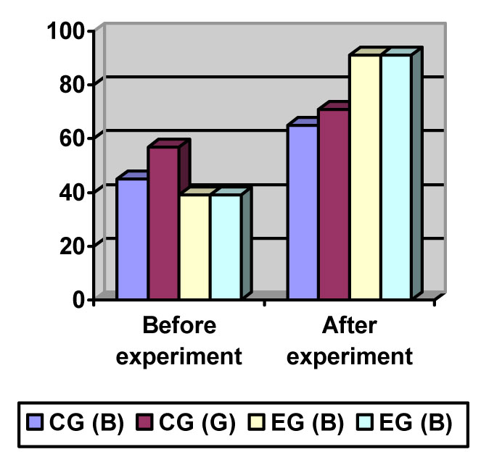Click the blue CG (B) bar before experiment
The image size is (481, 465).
tap(132, 238)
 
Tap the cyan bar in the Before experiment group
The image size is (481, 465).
tap(226, 246)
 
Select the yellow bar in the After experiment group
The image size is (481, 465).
tap(365, 177)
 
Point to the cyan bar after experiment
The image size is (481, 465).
tap(396, 177)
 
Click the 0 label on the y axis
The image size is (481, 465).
tap(78, 299)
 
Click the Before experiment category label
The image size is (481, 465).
tap(180, 340)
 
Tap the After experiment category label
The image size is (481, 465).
tap(349, 340)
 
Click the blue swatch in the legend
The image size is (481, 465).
tap(36, 422)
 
